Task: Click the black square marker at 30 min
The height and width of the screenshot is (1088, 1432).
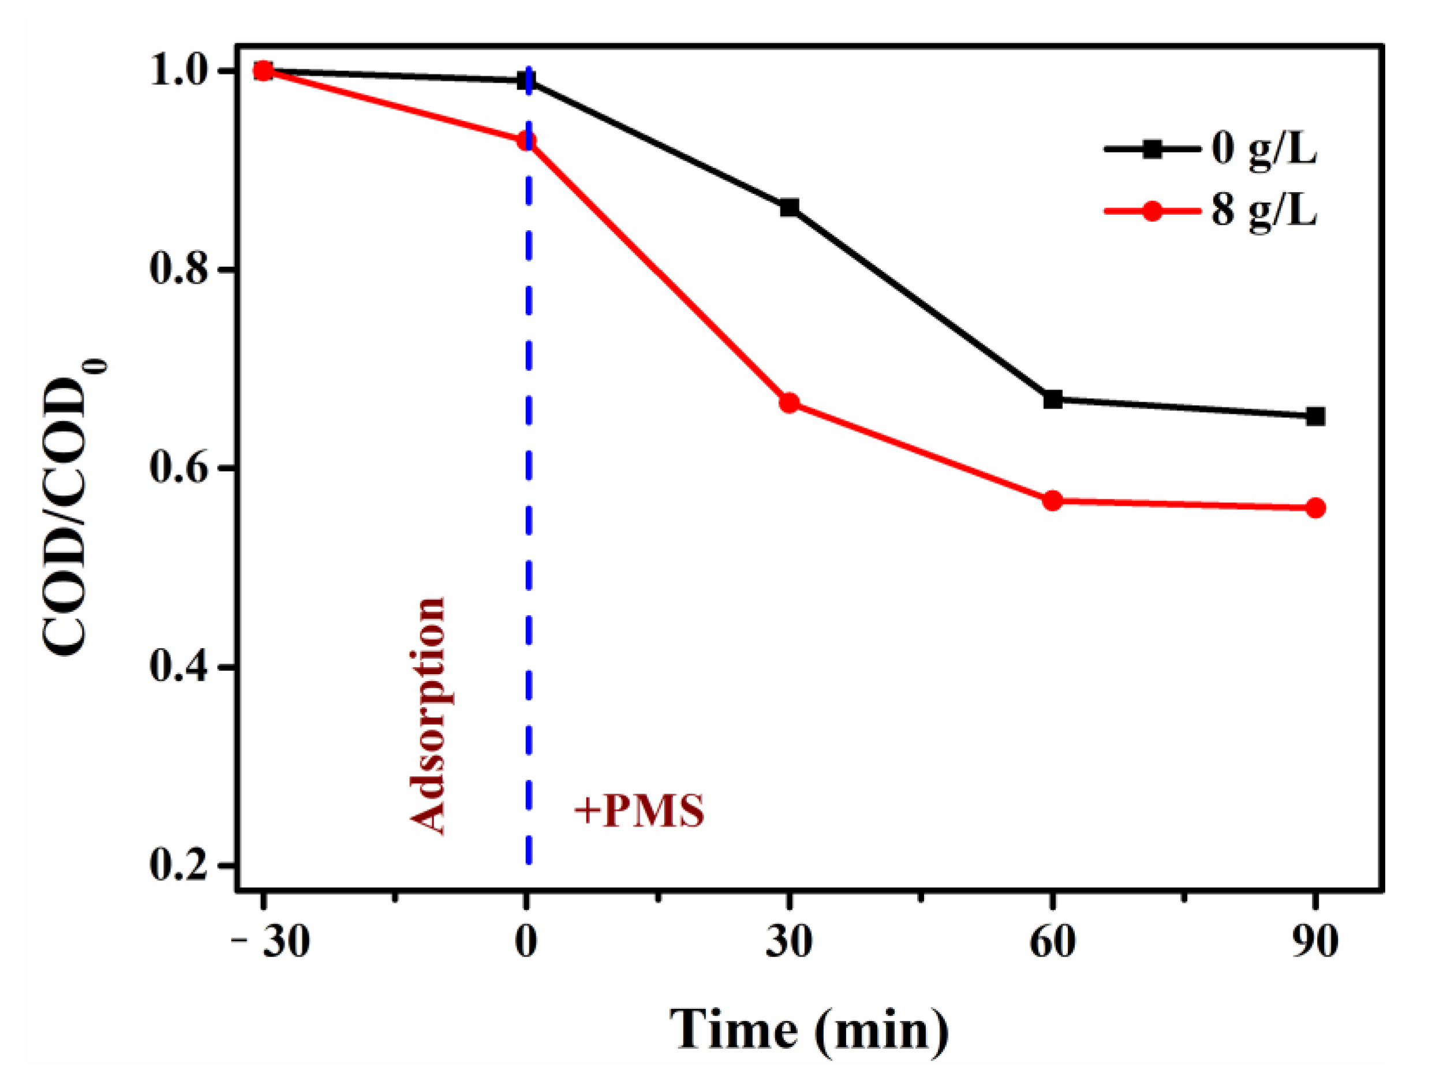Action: (789, 208)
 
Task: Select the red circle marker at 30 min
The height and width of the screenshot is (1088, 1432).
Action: (789, 403)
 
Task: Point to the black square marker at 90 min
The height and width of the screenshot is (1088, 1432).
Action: (1315, 416)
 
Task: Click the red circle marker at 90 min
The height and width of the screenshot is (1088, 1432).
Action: (1315, 508)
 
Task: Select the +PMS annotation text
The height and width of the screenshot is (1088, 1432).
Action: (640, 811)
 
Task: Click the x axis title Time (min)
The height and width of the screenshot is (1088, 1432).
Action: (809, 1030)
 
